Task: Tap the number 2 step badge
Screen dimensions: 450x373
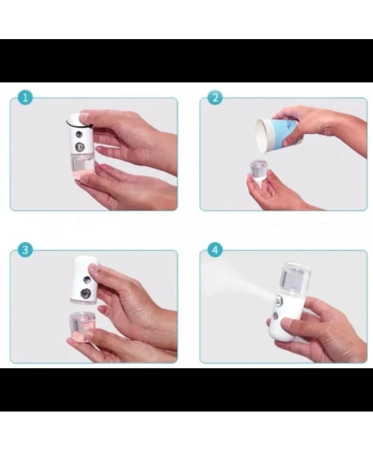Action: click(x=215, y=98)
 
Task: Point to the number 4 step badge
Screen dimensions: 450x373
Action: click(x=215, y=250)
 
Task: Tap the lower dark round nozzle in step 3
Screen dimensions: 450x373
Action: click(x=84, y=290)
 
